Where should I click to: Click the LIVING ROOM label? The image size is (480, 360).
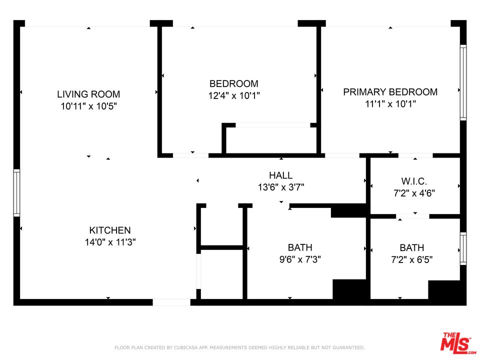coord(88,94)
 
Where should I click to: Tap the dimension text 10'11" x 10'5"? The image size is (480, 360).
coord(88,106)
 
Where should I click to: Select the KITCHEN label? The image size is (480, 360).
coord(110,230)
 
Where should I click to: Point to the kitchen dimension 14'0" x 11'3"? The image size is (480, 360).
coord(110,242)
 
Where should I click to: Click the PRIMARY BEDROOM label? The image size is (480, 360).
coord(390,92)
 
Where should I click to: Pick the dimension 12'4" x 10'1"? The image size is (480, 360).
coord(234,95)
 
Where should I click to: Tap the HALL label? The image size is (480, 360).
coord(280,175)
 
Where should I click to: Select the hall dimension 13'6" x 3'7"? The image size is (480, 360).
coord(280,187)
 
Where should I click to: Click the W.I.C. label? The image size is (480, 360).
coord(414,182)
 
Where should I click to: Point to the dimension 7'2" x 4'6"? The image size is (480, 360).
coord(414,193)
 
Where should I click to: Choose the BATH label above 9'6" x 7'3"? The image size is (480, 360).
coord(300,247)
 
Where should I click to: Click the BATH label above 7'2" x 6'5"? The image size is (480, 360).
coord(412,248)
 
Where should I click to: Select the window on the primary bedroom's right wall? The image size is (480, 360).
coord(463,82)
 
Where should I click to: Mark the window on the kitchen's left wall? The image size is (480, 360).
coord(16,193)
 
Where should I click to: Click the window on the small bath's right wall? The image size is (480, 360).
coord(463,248)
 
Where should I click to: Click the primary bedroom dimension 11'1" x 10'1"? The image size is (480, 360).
coord(390,104)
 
